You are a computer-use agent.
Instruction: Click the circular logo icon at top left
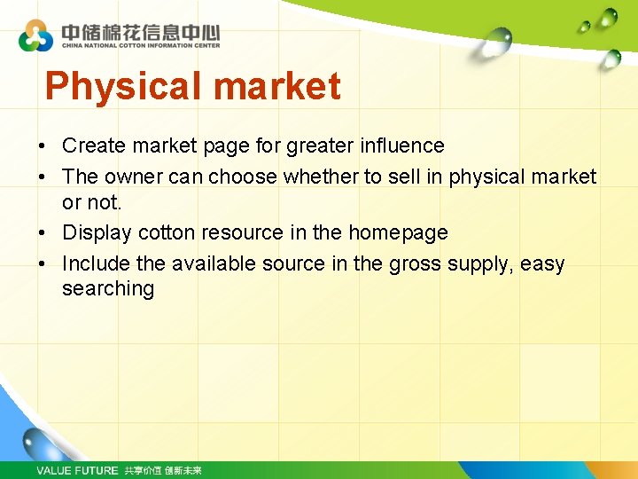(x=36, y=35)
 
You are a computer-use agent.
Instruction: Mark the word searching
(x=107, y=289)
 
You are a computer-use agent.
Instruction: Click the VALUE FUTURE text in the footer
(x=76, y=470)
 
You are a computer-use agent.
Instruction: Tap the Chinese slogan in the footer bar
(x=163, y=470)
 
